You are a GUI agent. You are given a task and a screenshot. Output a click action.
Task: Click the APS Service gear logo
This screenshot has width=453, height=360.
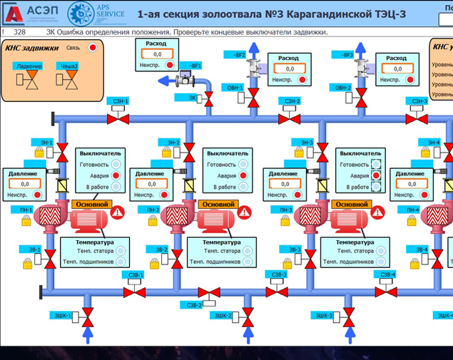tap(80, 14)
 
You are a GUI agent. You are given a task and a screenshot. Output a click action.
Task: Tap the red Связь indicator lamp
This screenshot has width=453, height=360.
tap(92, 48)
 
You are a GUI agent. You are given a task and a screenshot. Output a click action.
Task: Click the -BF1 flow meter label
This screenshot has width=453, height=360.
tap(194, 66)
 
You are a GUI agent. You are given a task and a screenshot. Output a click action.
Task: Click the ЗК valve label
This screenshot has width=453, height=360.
tap(193, 98)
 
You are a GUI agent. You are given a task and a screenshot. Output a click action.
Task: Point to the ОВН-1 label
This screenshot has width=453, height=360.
tap(235, 88)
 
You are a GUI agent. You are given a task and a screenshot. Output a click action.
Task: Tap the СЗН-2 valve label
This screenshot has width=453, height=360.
tap(292, 101)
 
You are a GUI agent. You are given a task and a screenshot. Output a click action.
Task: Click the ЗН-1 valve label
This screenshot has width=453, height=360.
tap(46, 143)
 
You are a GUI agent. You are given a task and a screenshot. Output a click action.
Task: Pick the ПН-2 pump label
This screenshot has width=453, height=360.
tap(153, 210)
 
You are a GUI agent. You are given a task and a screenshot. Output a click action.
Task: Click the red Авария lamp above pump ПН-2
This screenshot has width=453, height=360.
tap(243, 175)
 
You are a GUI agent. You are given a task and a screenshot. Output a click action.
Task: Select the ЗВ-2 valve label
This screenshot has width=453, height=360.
tap(161, 250)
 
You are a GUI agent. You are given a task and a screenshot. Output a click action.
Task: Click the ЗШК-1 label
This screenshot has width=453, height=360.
tap(63, 316)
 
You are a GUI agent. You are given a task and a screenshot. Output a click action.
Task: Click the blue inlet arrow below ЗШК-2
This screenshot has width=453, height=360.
tap(248, 333)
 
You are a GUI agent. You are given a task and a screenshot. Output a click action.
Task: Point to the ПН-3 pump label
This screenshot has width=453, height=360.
tap(286, 210)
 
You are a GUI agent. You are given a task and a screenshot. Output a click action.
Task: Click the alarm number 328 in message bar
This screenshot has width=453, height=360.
tap(20, 32)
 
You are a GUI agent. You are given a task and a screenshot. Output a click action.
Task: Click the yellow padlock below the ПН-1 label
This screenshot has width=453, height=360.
tap(26, 222)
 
